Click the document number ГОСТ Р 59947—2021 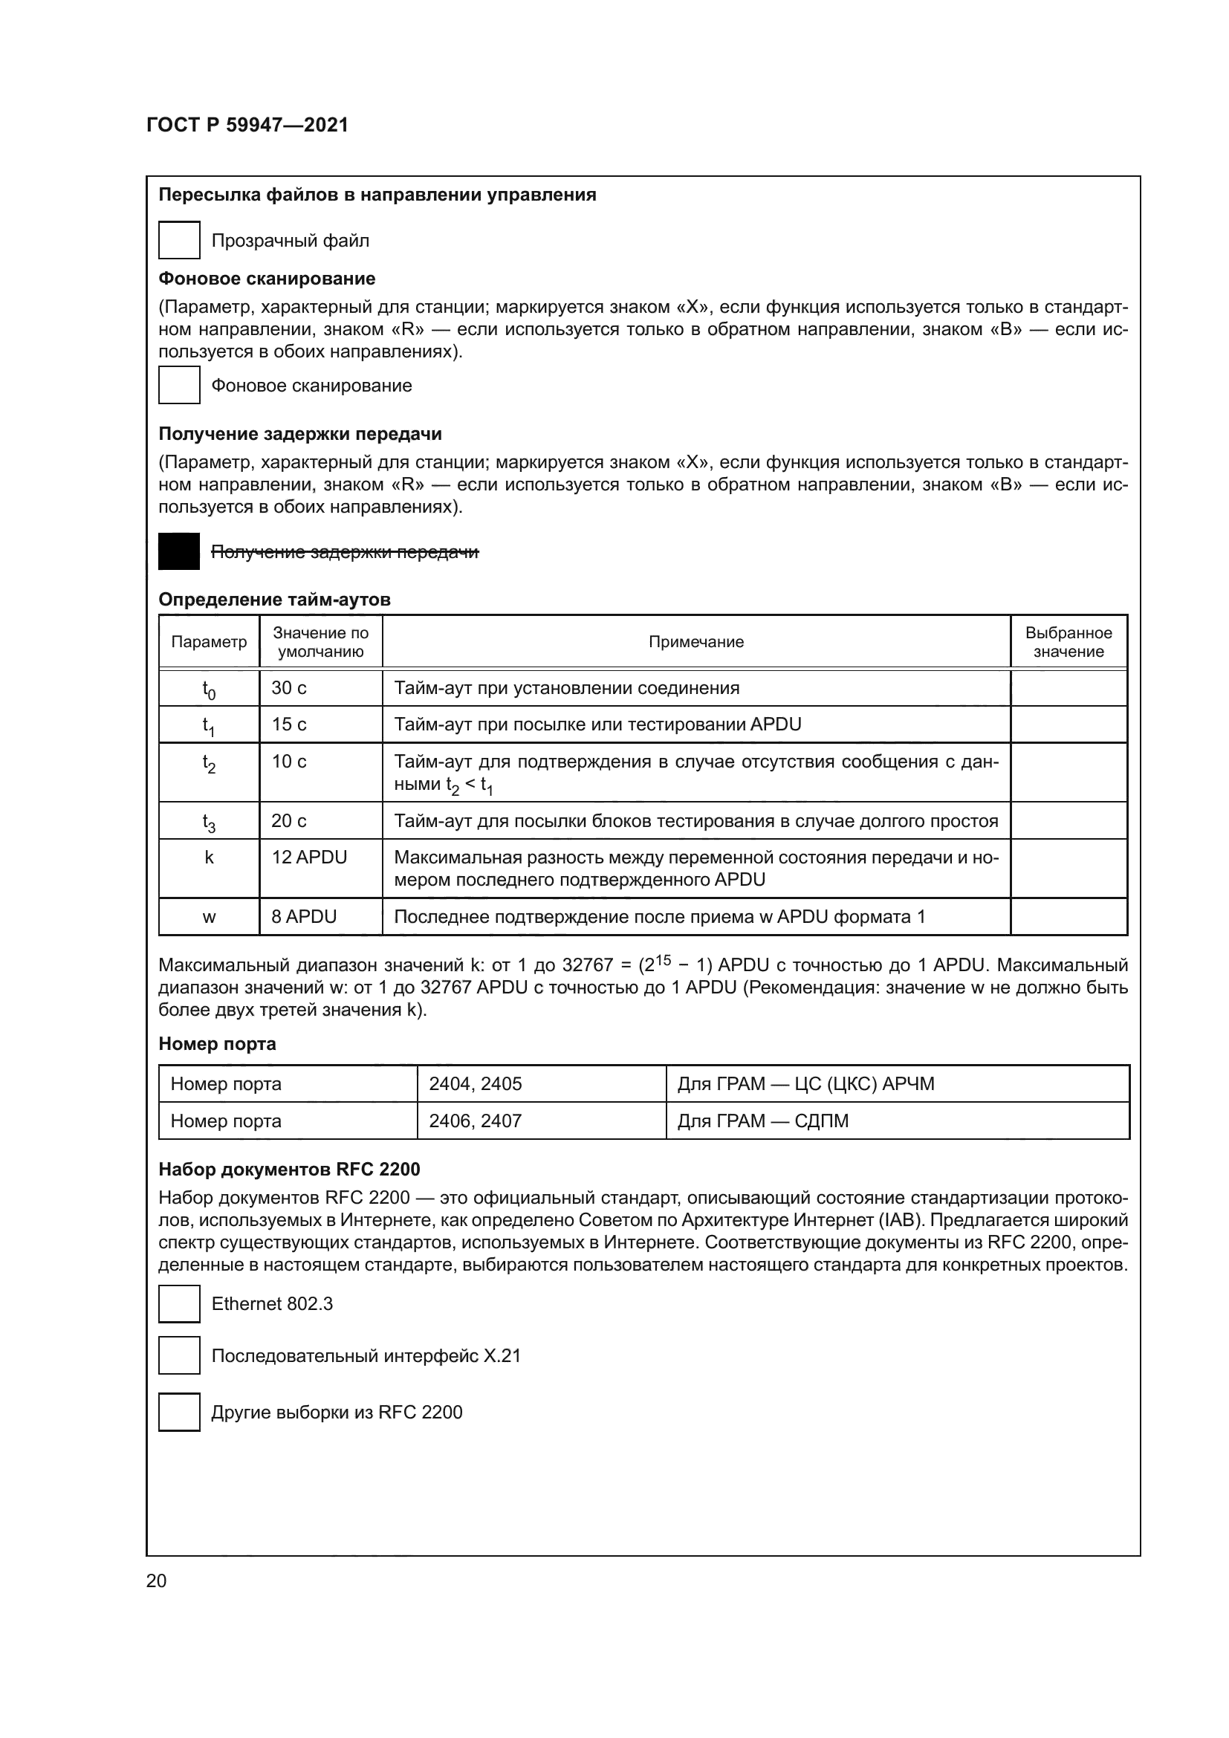247,125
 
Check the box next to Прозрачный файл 179,240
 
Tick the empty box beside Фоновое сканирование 179,386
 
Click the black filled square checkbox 179,551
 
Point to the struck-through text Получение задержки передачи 344,552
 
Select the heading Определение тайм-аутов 274,600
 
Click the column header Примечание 695,642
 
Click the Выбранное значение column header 1068,642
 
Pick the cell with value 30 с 289,687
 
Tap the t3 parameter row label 209,821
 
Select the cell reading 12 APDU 309,857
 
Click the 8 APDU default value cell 303,917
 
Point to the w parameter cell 209,917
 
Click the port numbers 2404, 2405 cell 476,1084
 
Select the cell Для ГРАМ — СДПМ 763,1121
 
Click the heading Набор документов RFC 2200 289,1170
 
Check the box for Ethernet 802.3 179,1303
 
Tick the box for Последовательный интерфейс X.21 179,1356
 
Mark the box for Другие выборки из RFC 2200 179,1412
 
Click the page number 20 156,1580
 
